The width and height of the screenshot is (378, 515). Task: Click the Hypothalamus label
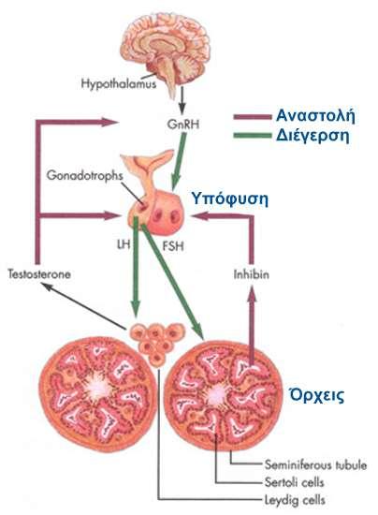pos(119,83)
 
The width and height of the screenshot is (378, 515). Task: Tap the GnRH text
pos(182,125)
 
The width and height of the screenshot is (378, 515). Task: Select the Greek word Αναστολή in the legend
pos(315,115)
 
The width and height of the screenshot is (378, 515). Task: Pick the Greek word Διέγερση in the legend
pos(313,136)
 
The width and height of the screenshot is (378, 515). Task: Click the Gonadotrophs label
pos(85,175)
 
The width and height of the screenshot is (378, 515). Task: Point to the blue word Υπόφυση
pos(229,199)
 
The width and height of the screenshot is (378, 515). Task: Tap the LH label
pos(124,244)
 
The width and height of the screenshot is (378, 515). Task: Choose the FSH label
pos(173,245)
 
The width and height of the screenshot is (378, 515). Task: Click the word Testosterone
pos(39,274)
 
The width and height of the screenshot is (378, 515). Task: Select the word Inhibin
pos(252,274)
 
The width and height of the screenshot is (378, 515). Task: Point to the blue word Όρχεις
pos(316,395)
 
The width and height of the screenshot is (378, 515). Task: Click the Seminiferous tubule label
pos(315,464)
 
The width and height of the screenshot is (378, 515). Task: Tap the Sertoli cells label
pos(295,482)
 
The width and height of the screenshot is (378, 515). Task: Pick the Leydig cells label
pos(295,500)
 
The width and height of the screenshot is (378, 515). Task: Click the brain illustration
pos(166,51)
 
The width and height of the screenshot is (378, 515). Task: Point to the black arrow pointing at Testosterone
pos(84,306)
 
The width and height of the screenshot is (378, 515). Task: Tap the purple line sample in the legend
pos(253,117)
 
